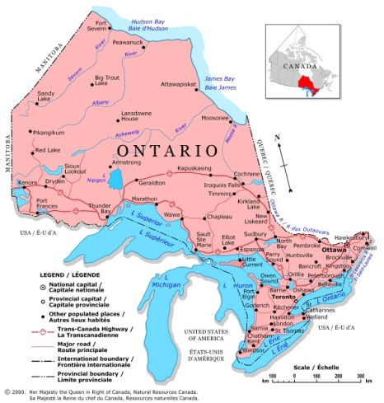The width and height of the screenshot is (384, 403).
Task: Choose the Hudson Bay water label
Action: point(155,20)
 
